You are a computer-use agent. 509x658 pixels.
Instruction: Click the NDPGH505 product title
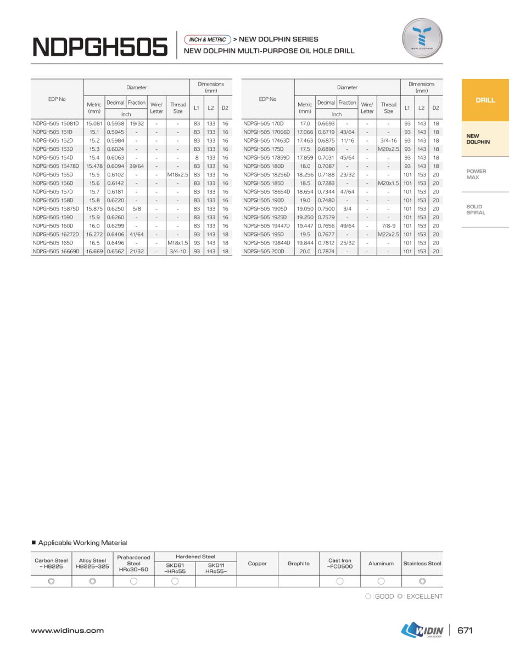[100, 47]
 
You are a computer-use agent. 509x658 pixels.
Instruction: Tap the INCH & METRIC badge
[208, 39]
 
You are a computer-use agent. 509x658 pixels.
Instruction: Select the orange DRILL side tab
[485, 100]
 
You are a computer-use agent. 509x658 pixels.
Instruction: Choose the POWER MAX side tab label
[476, 174]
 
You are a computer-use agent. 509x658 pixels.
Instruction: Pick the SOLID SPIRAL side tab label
[476, 209]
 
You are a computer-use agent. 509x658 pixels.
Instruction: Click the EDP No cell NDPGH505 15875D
[56, 209]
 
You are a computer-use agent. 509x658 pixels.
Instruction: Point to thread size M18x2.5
[178, 175]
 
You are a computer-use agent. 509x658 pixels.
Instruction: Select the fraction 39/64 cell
[136, 166]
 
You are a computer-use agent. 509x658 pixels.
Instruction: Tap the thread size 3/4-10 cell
[178, 252]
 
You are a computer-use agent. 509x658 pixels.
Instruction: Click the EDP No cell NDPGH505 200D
[264, 252]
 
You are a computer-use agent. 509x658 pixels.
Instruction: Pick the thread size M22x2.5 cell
[388, 235]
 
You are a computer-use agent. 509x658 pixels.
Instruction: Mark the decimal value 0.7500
[326, 209]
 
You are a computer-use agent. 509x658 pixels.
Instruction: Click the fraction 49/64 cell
[347, 226]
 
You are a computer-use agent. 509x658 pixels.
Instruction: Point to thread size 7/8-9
[388, 226]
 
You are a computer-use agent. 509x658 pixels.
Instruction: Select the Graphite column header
[298, 564]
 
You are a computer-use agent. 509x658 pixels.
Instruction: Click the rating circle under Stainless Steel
[422, 581]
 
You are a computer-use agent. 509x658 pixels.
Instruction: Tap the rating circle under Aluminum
[381, 581]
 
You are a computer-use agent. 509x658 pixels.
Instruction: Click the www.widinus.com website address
[67, 631]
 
